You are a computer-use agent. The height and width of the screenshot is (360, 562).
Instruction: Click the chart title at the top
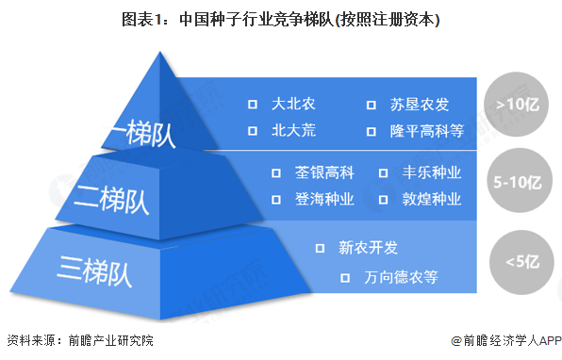coord(280,18)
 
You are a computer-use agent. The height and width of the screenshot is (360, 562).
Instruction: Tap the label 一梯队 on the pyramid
coord(143,133)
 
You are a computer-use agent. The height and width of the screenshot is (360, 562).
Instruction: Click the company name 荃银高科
coord(323,172)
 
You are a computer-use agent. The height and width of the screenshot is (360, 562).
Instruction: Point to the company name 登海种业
coord(323,199)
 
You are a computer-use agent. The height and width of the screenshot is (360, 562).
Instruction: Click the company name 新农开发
coord(369,248)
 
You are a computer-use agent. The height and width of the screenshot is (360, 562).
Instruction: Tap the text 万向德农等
coord(401,277)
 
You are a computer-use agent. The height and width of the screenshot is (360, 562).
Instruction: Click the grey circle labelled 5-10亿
coord(516,179)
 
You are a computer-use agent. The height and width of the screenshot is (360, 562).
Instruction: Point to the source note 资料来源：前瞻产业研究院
coord(79,340)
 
